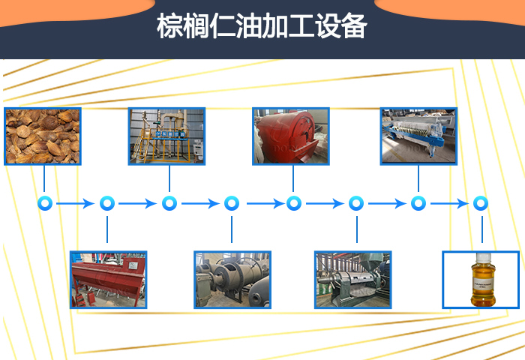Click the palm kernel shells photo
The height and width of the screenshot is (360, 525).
(42, 136)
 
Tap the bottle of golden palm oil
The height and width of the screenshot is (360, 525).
(480, 280)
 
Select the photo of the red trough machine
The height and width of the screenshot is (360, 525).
(109, 279)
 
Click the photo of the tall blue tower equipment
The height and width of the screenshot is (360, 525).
(166, 136)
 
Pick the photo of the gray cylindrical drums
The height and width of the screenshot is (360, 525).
(232, 279)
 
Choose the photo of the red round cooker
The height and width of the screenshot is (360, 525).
(291, 136)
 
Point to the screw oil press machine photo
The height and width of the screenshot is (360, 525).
(352, 279)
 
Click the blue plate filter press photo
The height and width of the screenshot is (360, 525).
(418, 136)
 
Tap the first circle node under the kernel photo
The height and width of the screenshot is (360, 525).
(45, 203)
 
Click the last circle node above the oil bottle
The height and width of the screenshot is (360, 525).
(480, 203)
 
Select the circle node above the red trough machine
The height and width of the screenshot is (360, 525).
(107, 203)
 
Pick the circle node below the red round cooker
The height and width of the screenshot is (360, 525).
(294, 203)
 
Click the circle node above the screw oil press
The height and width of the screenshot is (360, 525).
(356, 203)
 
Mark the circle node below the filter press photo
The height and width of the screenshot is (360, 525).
(418, 203)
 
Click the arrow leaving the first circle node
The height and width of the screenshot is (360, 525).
(76, 203)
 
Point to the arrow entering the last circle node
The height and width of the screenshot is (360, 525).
(449, 203)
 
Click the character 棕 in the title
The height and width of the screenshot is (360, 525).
(169, 27)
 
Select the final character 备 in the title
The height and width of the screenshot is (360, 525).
(355, 27)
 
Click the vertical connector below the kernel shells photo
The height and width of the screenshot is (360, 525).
(45, 178)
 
